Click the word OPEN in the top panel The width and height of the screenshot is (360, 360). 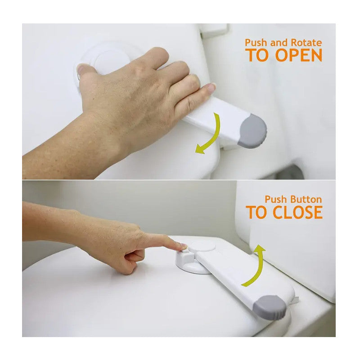(299, 55)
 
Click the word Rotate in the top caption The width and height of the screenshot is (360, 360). (306, 43)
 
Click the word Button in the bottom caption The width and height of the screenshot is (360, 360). (305, 199)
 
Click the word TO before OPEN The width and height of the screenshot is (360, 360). (258, 55)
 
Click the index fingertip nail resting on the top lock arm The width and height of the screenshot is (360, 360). (211, 87)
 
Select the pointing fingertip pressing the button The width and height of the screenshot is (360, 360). (183, 246)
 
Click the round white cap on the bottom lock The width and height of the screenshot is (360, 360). (203, 246)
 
